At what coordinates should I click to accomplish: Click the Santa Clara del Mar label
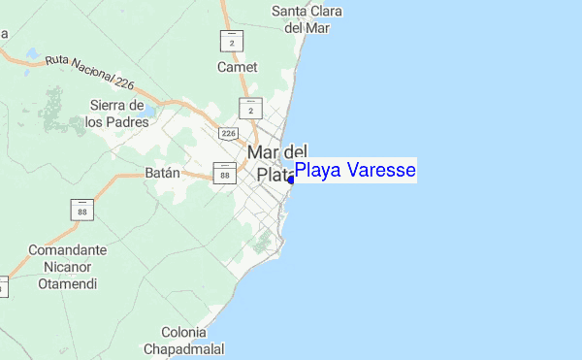pos(301,19)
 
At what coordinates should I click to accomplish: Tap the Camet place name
pos(238,67)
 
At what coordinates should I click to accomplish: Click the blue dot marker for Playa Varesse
pos(291,179)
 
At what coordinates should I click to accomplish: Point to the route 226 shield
pos(229,132)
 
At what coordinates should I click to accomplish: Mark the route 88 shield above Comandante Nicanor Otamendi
pos(79,208)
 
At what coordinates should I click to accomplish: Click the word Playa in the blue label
pos(316,171)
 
